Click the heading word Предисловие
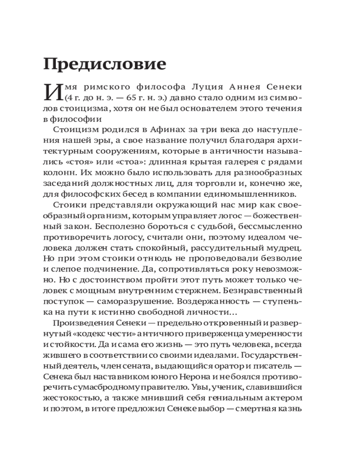[105, 64]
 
